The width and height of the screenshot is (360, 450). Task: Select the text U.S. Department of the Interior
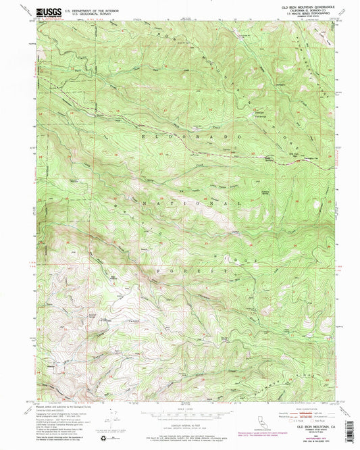click(x=78, y=9)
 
